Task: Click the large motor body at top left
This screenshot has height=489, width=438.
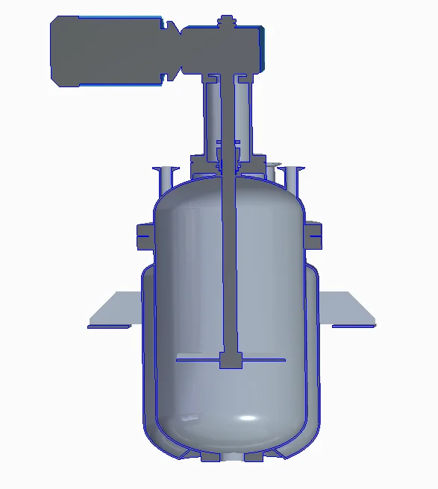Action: [104, 51]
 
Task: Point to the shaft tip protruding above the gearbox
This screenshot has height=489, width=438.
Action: [225, 20]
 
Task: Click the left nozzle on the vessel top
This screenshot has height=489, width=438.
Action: [164, 177]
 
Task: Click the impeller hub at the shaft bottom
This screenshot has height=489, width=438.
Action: [231, 362]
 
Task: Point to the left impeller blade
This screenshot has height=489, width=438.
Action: [198, 360]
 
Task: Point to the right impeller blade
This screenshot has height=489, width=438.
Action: [264, 360]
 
